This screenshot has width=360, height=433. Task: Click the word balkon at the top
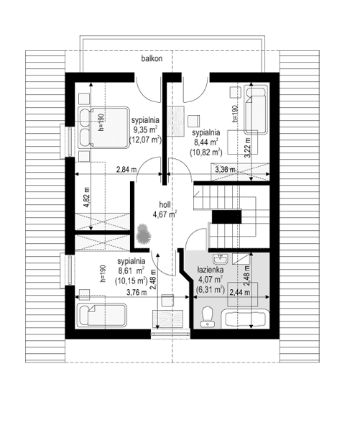(151, 61)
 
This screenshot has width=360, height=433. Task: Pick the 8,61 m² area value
(132, 271)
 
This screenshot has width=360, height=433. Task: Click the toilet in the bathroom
(207, 314)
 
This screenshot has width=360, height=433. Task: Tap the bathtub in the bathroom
(246, 319)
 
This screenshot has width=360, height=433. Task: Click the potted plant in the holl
(143, 234)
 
